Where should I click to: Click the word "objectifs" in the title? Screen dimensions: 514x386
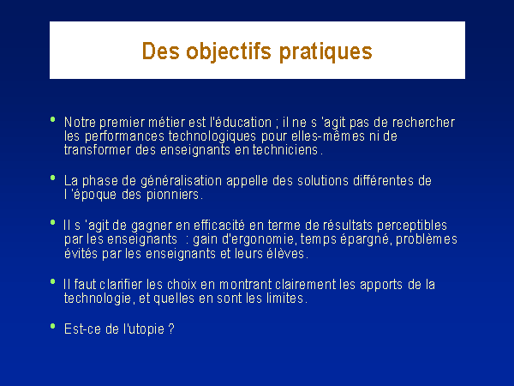tap(229, 51)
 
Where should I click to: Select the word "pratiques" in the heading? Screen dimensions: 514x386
tap(326, 52)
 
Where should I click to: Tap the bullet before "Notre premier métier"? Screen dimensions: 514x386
tap(53, 119)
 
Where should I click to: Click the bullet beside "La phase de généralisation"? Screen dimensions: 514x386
tap(53, 178)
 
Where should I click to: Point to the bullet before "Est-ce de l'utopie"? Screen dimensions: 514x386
tap(53, 326)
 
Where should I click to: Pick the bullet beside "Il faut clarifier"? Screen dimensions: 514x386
tap(53, 281)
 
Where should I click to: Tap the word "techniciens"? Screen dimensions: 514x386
tap(285, 149)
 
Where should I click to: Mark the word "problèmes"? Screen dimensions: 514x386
tap(427, 239)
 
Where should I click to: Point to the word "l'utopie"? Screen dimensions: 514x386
tap(144, 329)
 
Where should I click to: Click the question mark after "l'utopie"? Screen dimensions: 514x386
tap(171, 329)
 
